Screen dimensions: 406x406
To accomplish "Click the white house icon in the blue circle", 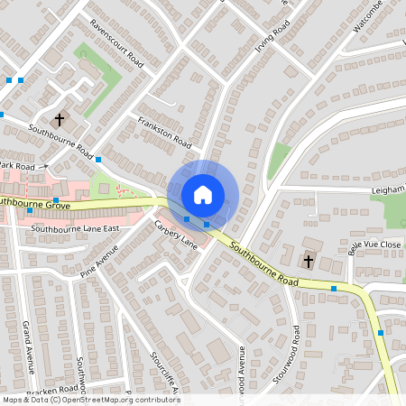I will (x=203, y=194).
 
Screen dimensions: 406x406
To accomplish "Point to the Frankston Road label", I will (x=164, y=132).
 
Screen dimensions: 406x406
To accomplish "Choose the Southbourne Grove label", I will (x=34, y=205).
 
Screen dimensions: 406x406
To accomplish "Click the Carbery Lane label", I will (x=175, y=234).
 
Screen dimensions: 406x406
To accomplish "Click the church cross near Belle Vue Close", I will (x=308, y=262).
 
